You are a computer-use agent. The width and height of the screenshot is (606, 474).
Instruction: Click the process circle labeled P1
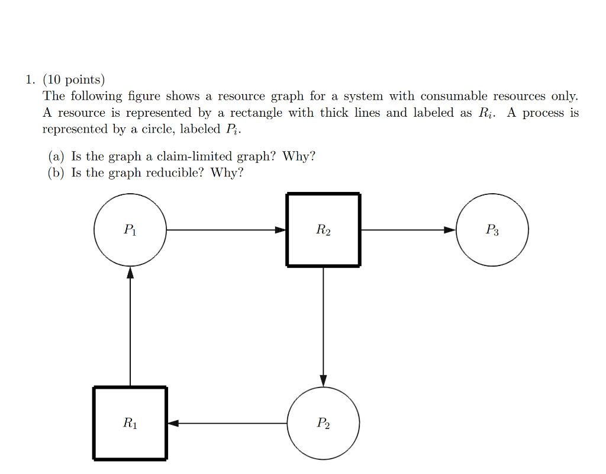pyautogui.click(x=130, y=230)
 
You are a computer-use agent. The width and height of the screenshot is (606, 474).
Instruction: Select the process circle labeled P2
pyautogui.click(x=323, y=423)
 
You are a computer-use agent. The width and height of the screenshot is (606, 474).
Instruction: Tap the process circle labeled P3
pyautogui.click(x=492, y=230)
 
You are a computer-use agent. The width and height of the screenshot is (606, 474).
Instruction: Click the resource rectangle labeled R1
pyautogui.click(x=130, y=423)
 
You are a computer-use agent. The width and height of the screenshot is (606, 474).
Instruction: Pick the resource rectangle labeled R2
pyautogui.click(x=323, y=230)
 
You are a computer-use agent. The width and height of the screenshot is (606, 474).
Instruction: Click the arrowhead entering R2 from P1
pyautogui.click(x=281, y=230)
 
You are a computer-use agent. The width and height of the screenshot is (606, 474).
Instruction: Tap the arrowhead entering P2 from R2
pyautogui.click(x=323, y=380)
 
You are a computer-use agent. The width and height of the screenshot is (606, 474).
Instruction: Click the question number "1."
pyautogui.click(x=30, y=79)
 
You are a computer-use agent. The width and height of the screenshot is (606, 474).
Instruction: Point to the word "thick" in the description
pyautogui.click(x=334, y=113)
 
